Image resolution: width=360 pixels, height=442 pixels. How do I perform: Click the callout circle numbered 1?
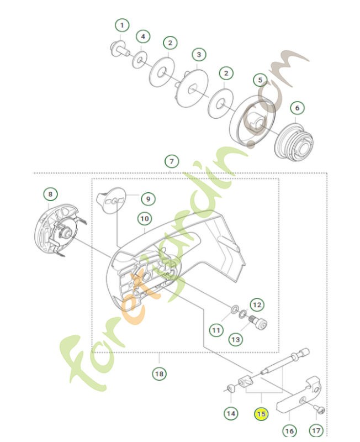click(122, 25)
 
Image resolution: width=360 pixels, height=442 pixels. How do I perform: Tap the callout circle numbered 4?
click(142, 36)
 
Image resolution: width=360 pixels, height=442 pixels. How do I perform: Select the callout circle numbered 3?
click(199, 55)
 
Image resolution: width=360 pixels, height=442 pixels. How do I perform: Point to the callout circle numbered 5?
click(260, 80)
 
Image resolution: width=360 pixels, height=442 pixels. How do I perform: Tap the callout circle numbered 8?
click(50, 194)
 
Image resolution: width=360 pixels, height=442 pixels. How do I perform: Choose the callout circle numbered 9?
click(148, 198)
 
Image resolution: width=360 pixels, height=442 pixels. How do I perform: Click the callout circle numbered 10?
click(144, 219)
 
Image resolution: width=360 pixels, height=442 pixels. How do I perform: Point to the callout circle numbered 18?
click(159, 374)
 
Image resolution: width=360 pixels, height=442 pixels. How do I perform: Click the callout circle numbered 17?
click(315, 429)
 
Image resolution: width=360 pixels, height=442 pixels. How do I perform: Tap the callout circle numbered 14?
click(231, 413)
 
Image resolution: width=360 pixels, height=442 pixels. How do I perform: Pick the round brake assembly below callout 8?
click(56, 230)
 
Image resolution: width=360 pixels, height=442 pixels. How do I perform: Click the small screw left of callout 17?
click(320, 409)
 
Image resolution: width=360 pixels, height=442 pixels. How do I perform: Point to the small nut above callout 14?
click(229, 391)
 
